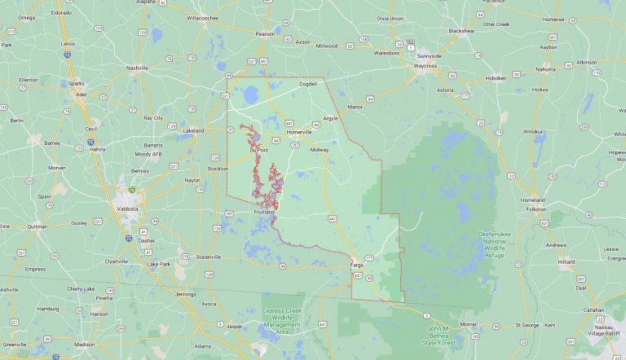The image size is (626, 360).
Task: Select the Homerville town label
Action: click(x=299, y=132)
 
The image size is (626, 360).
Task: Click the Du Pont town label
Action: click(x=258, y=150)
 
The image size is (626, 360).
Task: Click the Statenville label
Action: click(x=208, y=257)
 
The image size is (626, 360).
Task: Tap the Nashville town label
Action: click(x=137, y=68)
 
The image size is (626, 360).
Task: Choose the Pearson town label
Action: click(x=265, y=34)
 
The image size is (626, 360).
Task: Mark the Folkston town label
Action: click(x=536, y=209)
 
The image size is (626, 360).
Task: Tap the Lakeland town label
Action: click(x=193, y=130)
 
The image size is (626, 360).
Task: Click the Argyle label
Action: click(x=330, y=118)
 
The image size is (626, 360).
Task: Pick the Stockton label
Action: click(x=218, y=169)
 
